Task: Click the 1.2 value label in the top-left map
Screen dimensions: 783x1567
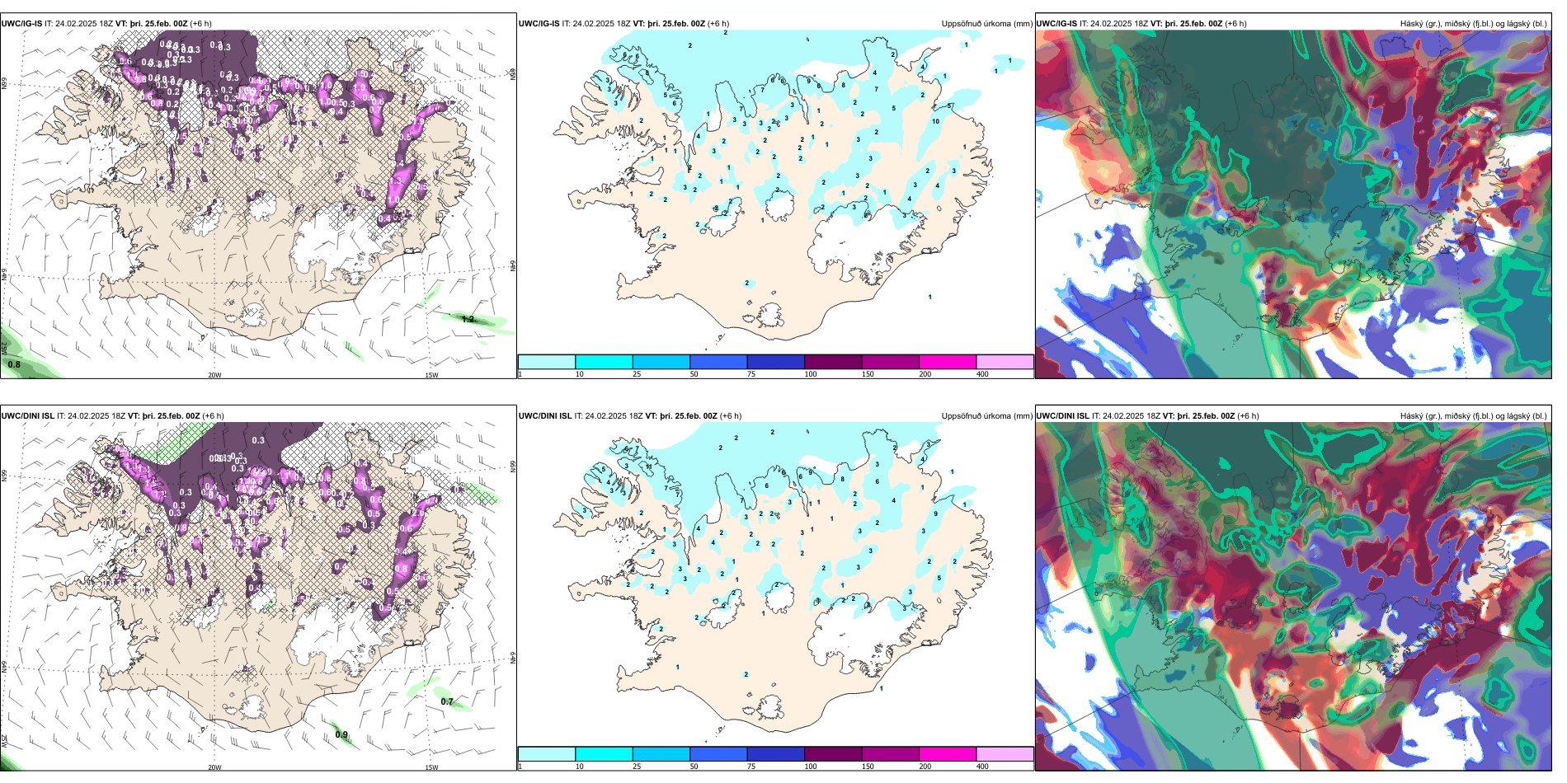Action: (x=468, y=319)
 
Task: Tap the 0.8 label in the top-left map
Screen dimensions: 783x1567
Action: (x=14, y=364)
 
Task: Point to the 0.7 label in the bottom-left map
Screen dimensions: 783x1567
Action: (x=447, y=701)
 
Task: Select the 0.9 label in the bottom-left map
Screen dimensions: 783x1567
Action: (x=341, y=734)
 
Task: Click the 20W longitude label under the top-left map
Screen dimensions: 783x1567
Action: (x=214, y=375)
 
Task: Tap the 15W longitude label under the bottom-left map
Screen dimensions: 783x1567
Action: (x=431, y=767)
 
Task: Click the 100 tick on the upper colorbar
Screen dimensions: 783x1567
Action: (x=811, y=374)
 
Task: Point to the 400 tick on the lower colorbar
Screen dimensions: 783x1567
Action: (x=982, y=767)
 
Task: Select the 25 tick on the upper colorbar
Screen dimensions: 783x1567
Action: (x=637, y=374)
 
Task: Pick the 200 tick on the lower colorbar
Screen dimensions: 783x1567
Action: (x=925, y=767)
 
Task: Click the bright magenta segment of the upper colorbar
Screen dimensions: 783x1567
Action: (x=948, y=362)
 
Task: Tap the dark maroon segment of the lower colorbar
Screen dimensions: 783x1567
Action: (x=833, y=754)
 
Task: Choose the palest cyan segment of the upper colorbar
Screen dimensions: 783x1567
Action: (x=547, y=362)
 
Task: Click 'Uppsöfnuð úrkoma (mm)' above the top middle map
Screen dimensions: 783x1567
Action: (x=986, y=24)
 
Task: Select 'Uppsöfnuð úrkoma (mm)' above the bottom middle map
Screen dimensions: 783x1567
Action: (x=986, y=416)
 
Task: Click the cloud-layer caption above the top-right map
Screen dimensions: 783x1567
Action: (x=1473, y=24)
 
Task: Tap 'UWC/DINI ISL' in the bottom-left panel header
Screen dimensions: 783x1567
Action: (x=27, y=416)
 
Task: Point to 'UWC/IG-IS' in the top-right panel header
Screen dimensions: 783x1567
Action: (x=1056, y=24)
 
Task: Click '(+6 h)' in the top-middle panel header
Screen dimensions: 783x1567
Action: (x=718, y=24)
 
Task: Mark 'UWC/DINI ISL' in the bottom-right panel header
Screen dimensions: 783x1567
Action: (x=1063, y=416)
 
